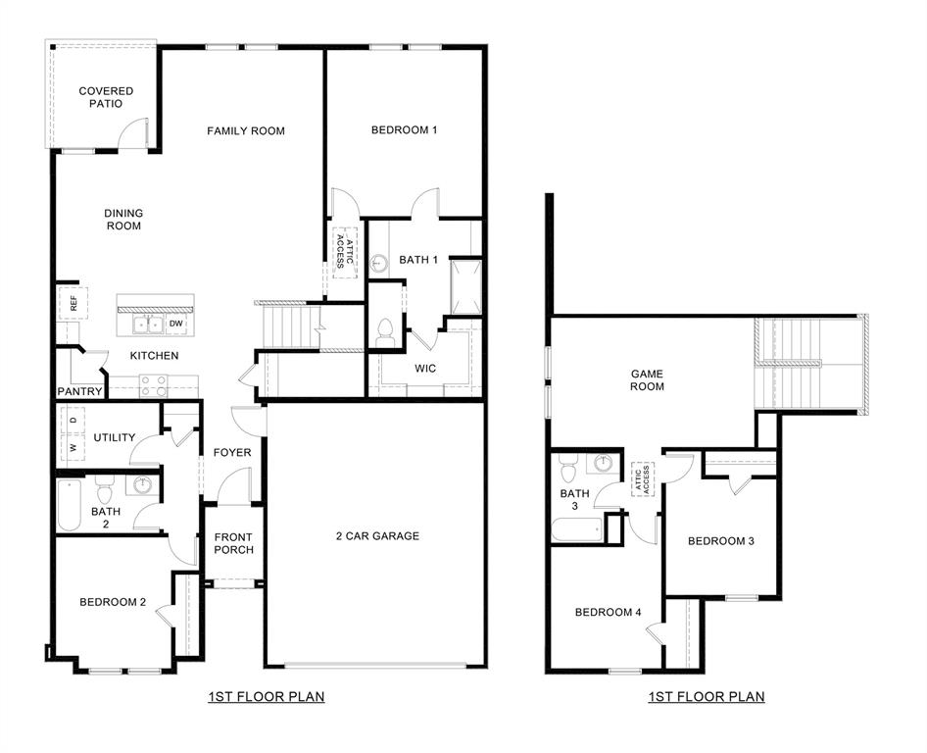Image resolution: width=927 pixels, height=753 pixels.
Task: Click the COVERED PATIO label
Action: (x=106, y=97)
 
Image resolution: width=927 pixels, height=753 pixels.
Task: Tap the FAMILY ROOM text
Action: (x=246, y=130)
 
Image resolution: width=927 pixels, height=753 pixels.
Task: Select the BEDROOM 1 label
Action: (x=404, y=129)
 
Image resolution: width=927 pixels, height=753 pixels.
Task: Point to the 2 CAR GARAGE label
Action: (x=377, y=535)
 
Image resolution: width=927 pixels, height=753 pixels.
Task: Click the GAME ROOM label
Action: (x=647, y=379)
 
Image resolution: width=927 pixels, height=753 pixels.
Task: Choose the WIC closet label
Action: (x=425, y=369)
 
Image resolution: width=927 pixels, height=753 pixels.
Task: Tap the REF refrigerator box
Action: (x=73, y=304)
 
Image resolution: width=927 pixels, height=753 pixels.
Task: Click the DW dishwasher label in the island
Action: (x=176, y=323)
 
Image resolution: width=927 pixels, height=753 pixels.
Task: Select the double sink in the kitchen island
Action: (x=148, y=324)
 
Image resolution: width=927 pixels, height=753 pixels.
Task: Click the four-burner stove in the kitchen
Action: (x=154, y=385)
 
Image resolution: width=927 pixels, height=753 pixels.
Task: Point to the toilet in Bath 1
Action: (x=384, y=329)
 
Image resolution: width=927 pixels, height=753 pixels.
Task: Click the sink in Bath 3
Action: (x=605, y=464)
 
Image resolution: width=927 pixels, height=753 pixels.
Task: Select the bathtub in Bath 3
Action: (x=576, y=530)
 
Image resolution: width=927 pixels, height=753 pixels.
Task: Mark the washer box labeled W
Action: (x=73, y=447)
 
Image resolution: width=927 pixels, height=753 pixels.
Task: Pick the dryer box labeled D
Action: (x=73, y=421)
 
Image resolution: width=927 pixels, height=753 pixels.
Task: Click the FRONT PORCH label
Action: (x=233, y=543)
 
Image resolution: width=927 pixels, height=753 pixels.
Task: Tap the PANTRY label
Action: (x=79, y=391)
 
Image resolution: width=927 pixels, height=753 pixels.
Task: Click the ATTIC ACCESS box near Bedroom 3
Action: (x=643, y=478)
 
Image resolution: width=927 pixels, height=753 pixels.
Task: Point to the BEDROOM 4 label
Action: (x=608, y=612)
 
